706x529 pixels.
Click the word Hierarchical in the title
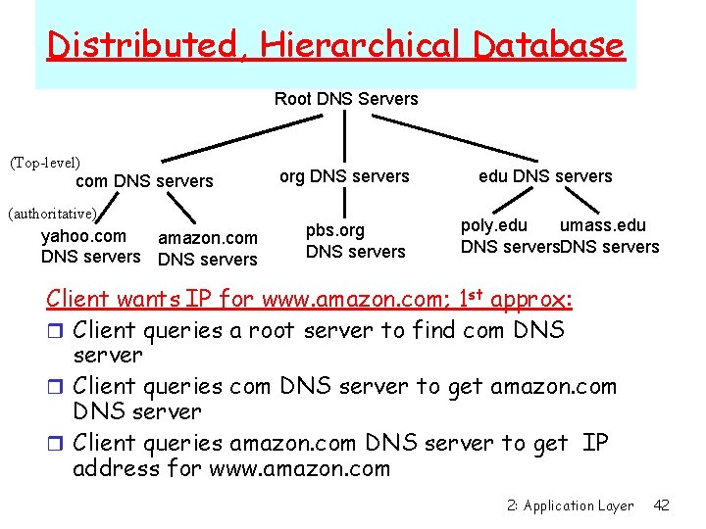[368, 45]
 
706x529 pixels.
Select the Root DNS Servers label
[346, 99]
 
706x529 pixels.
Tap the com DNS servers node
[144, 181]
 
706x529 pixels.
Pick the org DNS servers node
[344, 176]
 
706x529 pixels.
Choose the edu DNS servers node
[545, 176]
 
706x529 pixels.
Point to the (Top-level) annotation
[45, 161]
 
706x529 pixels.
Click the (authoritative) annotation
[51, 213]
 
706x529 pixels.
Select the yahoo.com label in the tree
[83, 236]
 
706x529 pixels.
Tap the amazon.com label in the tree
[208, 238]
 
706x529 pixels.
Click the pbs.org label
[335, 231]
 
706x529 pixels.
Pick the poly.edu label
[494, 226]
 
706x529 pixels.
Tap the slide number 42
[662, 505]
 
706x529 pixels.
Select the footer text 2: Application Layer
[571, 506]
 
